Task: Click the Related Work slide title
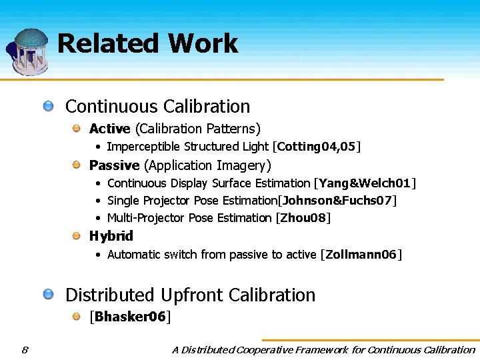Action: (147, 44)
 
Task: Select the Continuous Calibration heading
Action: (157, 107)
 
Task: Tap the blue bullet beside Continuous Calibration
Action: (49, 106)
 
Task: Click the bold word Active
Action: (110, 128)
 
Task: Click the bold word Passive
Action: (114, 165)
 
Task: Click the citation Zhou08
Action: (303, 218)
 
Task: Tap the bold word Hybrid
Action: (111, 236)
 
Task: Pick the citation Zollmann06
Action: (361, 255)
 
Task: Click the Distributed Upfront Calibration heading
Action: (190, 295)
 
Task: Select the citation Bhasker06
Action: (130, 317)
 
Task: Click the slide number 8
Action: (25, 349)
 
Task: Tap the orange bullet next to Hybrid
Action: (77, 235)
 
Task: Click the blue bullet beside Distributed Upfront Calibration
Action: (49, 294)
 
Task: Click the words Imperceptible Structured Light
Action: (187, 147)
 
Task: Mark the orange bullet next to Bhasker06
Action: (77, 316)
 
